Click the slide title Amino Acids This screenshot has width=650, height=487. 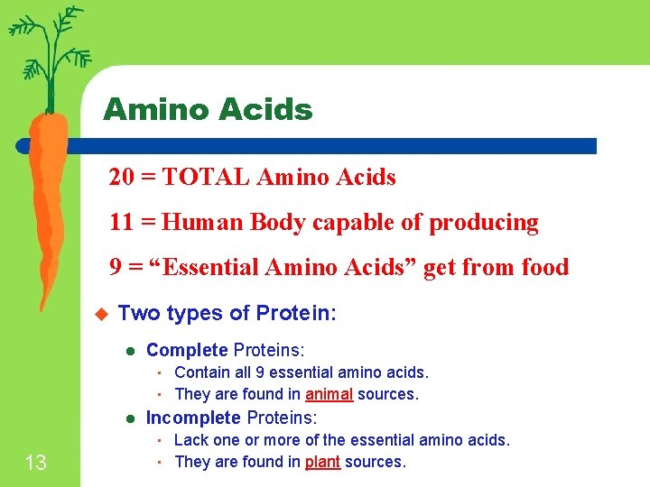click(x=208, y=110)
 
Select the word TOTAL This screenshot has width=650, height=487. click(x=207, y=178)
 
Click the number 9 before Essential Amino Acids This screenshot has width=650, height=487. click(x=116, y=268)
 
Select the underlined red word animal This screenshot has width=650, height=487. click(x=329, y=394)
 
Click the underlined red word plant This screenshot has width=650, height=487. click(x=322, y=462)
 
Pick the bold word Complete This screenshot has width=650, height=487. click(x=187, y=350)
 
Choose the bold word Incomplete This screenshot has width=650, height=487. click(x=193, y=418)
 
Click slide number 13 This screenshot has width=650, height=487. click(x=35, y=464)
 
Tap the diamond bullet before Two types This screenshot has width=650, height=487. click(x=101, y=314)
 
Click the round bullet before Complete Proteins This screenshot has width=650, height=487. click(x=131, y=351)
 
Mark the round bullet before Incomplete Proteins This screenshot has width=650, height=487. click(x=131, y=418)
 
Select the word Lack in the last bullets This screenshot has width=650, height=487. click(x=190, y=440)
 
